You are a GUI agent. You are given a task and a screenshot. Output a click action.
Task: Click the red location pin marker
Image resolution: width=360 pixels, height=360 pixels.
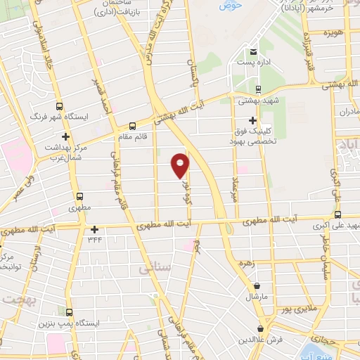(180, 165)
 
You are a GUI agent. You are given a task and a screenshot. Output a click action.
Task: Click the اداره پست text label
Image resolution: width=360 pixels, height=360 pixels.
(254, 63)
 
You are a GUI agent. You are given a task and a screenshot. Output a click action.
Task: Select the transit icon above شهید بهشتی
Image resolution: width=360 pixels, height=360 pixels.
(259, 89)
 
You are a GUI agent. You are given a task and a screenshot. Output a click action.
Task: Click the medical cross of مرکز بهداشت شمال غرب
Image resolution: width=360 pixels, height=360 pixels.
(65, 136)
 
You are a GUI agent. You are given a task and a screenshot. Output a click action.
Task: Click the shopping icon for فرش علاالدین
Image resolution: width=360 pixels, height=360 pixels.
(261, 328)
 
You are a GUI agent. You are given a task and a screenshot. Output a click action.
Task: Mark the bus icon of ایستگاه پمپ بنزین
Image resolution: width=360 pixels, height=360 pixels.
(68, 311)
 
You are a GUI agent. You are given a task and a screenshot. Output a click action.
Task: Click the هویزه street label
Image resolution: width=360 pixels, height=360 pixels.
(333, 34)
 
